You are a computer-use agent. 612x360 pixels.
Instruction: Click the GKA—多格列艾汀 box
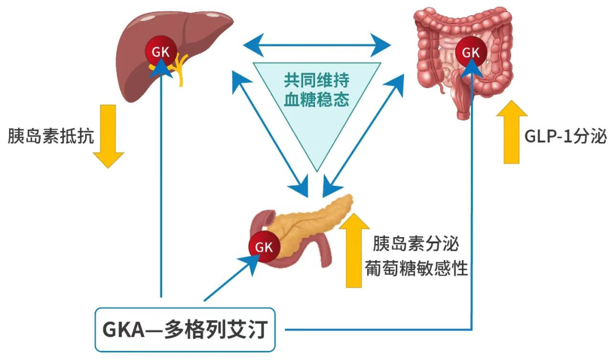185,329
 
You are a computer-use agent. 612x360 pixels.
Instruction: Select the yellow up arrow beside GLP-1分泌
512,132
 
